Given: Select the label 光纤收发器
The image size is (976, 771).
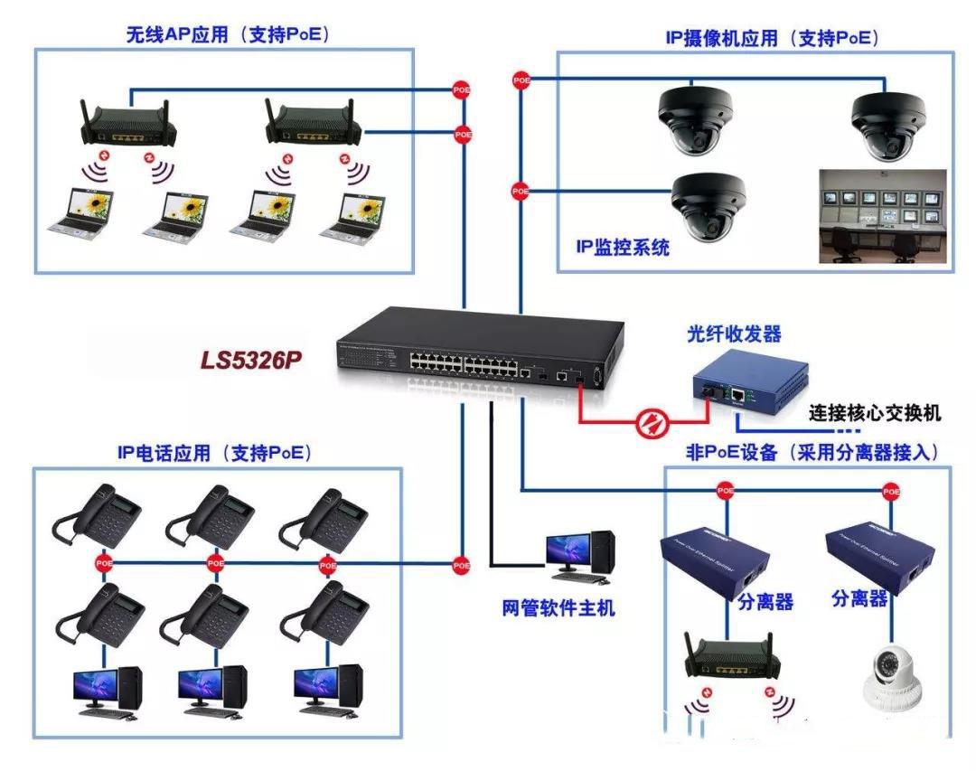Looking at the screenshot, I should coord(733,334).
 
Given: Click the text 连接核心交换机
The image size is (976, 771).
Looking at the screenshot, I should coord(876,413).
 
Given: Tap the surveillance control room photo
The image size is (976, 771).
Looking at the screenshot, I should coord(881,216).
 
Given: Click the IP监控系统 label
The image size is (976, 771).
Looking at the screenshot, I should coord(624,246).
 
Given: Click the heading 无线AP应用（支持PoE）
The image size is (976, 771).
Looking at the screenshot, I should coord(227,35).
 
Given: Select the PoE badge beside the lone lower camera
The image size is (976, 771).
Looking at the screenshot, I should coord(521,191).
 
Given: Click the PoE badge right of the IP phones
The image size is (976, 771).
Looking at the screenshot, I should coord(462,565).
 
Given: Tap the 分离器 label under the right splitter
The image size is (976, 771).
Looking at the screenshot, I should coord(859,598).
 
